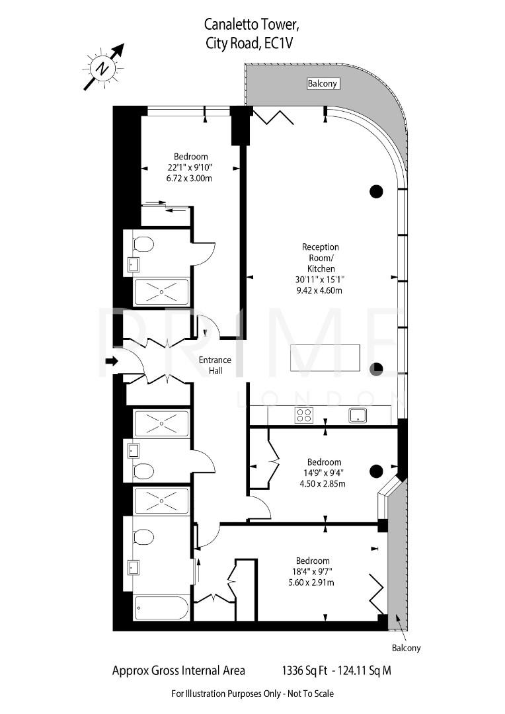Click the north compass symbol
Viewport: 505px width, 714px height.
click(102, 67)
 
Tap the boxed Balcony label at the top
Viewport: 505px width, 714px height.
click(323, 83)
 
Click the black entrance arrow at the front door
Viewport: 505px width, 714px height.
click(111, 361)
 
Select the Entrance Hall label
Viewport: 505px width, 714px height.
click(215, 365)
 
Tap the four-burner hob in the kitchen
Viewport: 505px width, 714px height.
click(303, 415)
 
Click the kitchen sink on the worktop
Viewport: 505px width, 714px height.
click(358, 415)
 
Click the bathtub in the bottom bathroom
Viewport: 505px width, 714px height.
click(161, 608)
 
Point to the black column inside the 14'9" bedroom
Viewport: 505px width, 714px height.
click(375, 471)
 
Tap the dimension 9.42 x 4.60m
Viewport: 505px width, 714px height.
click(320, 290)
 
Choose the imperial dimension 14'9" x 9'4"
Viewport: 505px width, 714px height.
click(324, 473)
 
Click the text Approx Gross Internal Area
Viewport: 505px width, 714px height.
click(178, 670)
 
